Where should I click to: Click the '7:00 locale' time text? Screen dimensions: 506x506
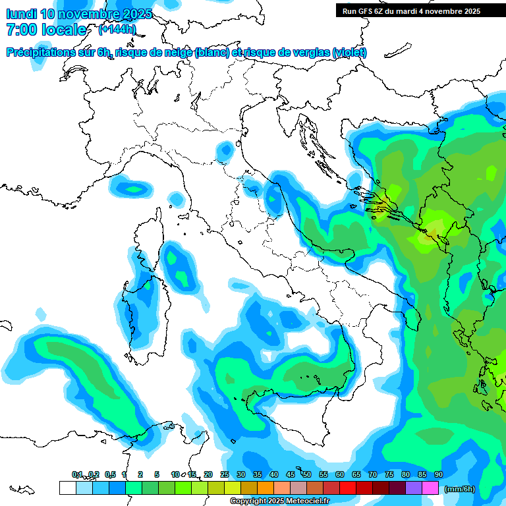[x=46, y=30]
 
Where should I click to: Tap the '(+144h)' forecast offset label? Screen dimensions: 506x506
[x=117, y=29]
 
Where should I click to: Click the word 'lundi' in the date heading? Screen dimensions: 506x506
[x=20, y=14]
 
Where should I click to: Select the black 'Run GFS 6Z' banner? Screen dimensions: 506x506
[x=411, y=11]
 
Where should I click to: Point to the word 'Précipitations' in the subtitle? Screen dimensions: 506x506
[x=46, y=53]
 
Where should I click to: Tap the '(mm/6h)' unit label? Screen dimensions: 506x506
[x=460, y=489]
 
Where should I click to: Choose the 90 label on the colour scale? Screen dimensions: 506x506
[x=438, y=474]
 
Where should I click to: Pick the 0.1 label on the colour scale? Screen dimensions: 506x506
[x=77, y=474]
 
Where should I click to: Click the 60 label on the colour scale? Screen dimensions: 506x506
[x=340, y=474]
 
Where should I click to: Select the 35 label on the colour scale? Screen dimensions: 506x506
[x=258, y=474]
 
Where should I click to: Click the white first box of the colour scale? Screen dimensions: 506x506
[x=67, y=488]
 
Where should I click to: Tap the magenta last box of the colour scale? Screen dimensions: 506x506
[x=430, y=488]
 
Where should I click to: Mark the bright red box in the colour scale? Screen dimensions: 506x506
[x=347, y=488]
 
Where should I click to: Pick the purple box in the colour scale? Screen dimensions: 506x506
[x=413, y=488]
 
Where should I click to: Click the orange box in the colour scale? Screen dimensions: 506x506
[x=265, y=488]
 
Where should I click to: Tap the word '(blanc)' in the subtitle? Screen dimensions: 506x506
[x=211, y=53]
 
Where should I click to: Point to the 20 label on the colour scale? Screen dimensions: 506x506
[x=208, y=474]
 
